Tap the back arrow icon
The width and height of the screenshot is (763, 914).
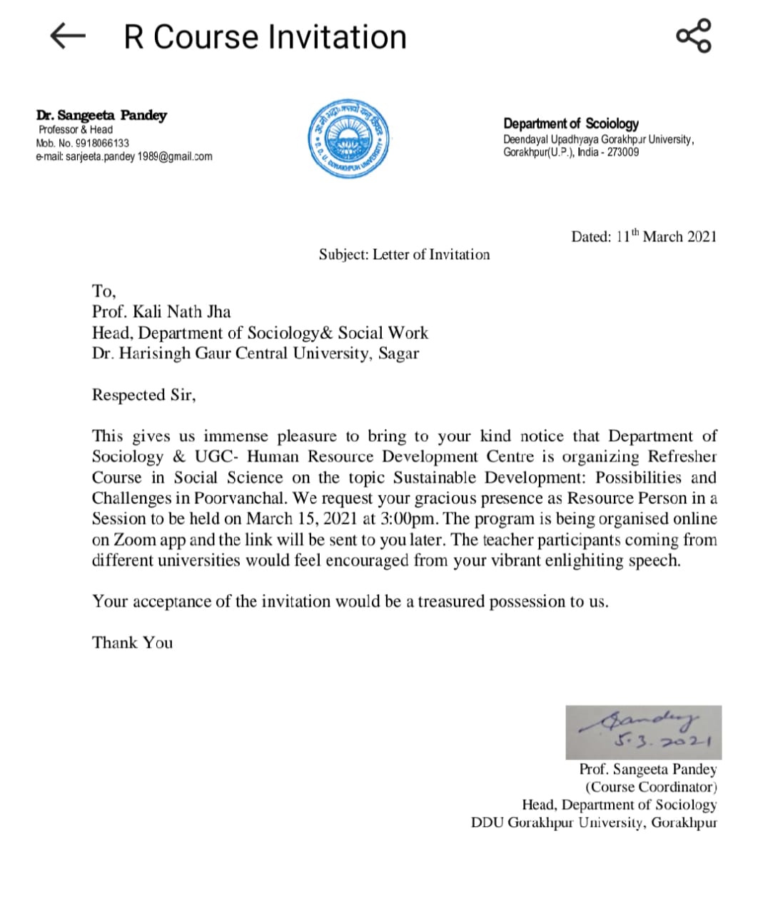(x=68, y=36)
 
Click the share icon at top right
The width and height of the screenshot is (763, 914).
(x=693, y=36)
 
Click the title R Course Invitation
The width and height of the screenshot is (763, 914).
(x=265, y=37)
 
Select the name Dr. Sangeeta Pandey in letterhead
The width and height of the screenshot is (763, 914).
(x=101, y=116)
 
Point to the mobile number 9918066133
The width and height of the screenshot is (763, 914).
(x=102, y=143)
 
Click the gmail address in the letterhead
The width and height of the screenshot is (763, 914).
(x=138, y=156)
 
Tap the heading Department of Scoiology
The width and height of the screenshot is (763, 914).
(x=570, y=124)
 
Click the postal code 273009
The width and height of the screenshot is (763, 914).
(x=623, y=152)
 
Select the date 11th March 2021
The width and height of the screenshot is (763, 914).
(x=665, y=236)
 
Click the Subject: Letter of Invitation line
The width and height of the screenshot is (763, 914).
(x=404, y=255)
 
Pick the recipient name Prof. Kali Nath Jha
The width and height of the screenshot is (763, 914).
(x=161, y=312)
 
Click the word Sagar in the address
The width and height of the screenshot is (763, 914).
(x=398, y=353)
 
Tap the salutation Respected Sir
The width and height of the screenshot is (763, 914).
(x=143, y=395)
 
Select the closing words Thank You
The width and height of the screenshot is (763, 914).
(x=132, y=643)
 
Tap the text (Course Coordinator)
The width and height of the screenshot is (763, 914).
(x=651, y=787)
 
